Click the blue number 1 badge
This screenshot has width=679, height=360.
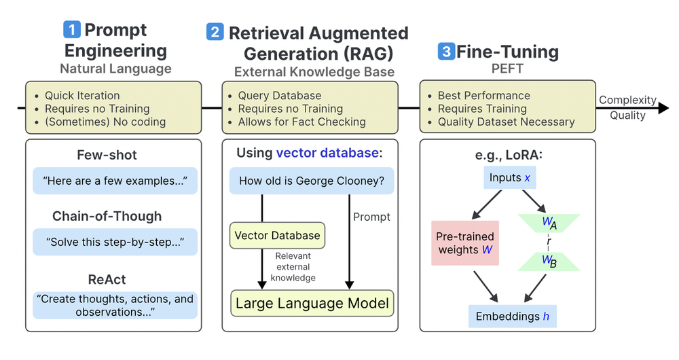(x=72, y=30)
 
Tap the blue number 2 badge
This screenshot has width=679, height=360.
(x=215, y=32)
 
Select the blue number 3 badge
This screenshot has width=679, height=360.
(x=446, y=52)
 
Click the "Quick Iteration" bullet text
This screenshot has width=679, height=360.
(x=82, y=96)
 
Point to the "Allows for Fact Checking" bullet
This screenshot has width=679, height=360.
(x=301, y=122)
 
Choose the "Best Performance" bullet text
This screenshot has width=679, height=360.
(x=483, y=96)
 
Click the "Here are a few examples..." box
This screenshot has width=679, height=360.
(x=115, y=181)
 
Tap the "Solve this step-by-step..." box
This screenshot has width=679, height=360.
(x=115, y=242)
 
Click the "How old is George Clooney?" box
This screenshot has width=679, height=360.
(x=312, y=181)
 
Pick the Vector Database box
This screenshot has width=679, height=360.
(x=277, y=236)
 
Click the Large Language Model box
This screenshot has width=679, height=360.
(x=312, y=303)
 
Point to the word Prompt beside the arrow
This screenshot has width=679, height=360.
(x=372, y=217)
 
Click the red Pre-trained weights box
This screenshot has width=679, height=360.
(x=465, y=242)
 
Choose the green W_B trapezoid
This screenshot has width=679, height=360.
(x=548, y=262)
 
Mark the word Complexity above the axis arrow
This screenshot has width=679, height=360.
(x=627, y=101)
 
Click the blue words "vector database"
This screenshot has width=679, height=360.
(x=327, y=153)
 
